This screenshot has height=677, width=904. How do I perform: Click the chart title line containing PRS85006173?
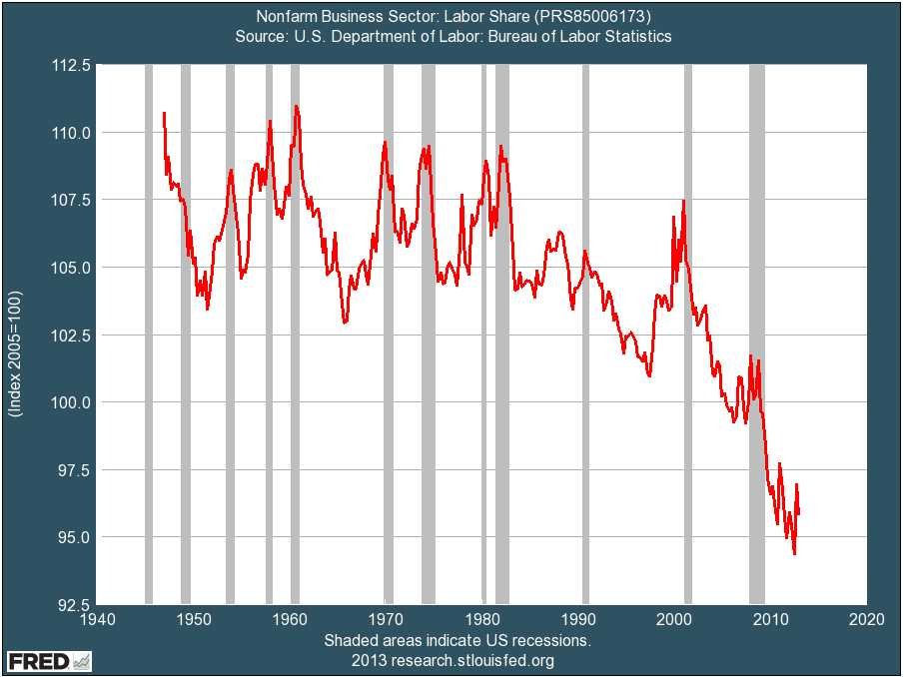[x=452, y=17]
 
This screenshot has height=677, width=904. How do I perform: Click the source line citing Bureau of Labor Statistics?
[x=452, y=36]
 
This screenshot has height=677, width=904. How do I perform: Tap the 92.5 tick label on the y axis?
[x=72, y=604]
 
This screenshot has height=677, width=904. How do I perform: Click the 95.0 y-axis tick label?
[x=72, y=537]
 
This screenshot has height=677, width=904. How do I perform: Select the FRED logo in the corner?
[x=49, y=661]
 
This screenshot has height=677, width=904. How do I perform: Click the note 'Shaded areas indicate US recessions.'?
[x=457, y=640]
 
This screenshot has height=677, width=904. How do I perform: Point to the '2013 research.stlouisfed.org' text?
[x=452, y=660]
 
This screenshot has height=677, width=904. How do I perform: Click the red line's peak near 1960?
[x=296, y=106]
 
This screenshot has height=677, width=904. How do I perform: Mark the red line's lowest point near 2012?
[x=794, y=553]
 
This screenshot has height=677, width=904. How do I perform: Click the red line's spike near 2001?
[x=683, y=202]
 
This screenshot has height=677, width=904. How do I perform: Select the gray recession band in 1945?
[x=149, y=335]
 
